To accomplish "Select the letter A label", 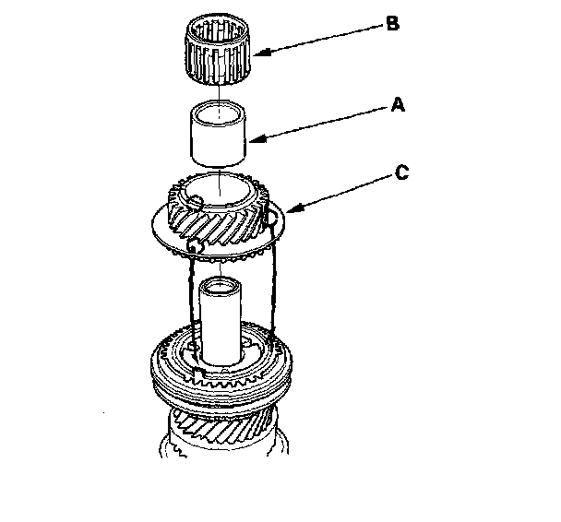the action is (398, 106).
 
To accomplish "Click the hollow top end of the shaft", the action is (221, 286).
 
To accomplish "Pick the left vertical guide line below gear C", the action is (191, 295).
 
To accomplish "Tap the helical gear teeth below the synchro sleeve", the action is (221, 426).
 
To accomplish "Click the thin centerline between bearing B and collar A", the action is (220, 96).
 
